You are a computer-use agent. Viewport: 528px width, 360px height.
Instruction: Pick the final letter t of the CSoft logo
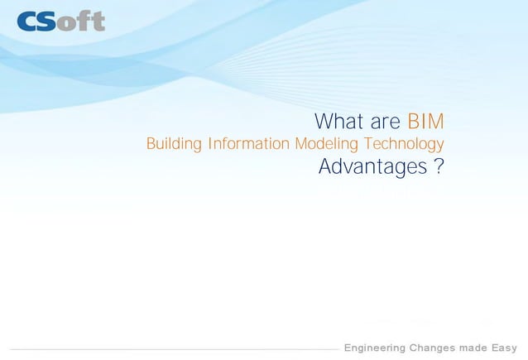tap(98, 20)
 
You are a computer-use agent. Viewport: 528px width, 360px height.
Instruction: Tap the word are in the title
tap(386, 122)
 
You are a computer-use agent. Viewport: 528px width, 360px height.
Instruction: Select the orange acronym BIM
tap(426, 122)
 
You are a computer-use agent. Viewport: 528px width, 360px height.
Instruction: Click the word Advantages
tap(372, 168)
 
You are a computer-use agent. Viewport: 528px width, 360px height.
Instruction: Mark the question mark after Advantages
tap(439, 168)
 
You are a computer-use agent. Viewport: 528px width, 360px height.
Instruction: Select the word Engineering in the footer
tap(375, 348)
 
